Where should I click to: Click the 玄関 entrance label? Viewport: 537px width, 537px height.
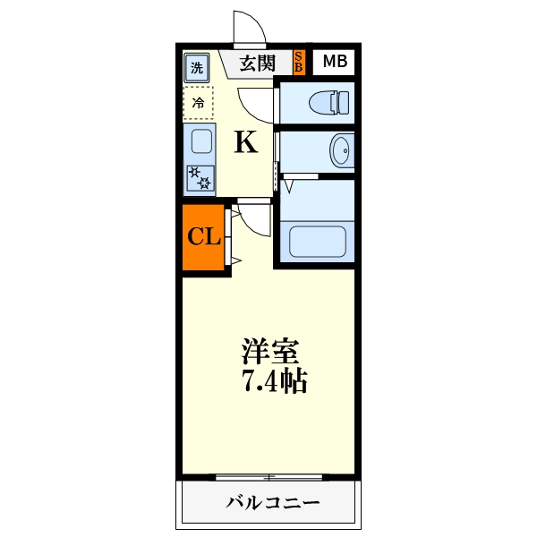click(257, 63)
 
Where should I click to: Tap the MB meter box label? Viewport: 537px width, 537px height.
click(334, 62)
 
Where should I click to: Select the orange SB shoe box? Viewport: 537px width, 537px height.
click(299, 62)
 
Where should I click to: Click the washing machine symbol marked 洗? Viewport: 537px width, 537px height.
click(196, 66)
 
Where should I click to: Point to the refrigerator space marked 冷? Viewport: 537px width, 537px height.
click(198, 103)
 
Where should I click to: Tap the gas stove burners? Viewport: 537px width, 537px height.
click(199, 178)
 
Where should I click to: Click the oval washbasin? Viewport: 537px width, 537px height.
click(340, 149)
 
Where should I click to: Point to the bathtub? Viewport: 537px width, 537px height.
click(318, 241)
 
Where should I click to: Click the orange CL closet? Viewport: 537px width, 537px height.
click(203, 237)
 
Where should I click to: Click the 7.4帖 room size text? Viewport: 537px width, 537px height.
click(273, 382)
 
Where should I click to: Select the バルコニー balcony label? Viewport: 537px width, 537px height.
click(272, 503)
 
